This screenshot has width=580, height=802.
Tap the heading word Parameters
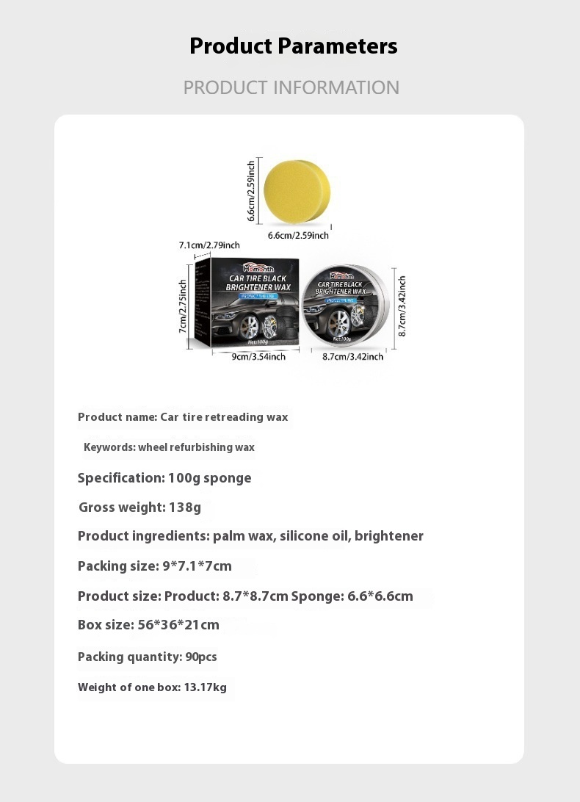[338, 46]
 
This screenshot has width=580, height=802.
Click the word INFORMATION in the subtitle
[336, 87]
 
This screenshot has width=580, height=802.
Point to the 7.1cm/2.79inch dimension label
[209, 245]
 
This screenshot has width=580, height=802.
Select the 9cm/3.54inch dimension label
[248, 357]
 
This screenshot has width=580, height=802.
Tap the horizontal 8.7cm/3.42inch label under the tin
[352, 357]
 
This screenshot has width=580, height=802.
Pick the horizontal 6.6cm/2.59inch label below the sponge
[297, 236]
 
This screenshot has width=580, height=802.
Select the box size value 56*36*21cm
[178, 625]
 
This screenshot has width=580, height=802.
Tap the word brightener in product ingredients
[388, 536]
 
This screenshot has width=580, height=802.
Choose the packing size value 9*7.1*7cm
[196, 566]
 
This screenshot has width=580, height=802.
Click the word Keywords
[109, 447]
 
